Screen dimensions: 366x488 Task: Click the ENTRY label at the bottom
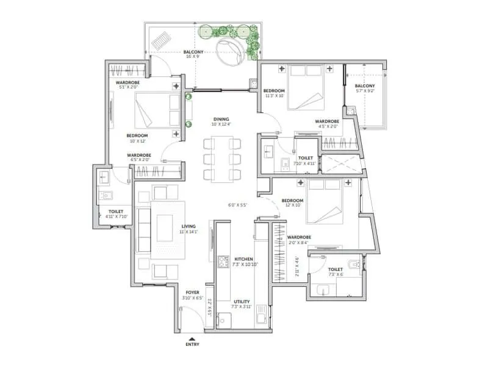point(192,345)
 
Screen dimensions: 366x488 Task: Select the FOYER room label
point(192,293)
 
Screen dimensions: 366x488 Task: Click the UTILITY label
point(242,301)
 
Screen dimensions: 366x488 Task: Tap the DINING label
point(221,119)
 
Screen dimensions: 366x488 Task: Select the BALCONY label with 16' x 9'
point(194,52)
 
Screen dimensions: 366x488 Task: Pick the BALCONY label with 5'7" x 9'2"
point(365,86)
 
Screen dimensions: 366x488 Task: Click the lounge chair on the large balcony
point(162,42)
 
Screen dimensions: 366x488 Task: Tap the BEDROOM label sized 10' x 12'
point(137,135)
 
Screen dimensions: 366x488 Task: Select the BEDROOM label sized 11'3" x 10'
point(274,91)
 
